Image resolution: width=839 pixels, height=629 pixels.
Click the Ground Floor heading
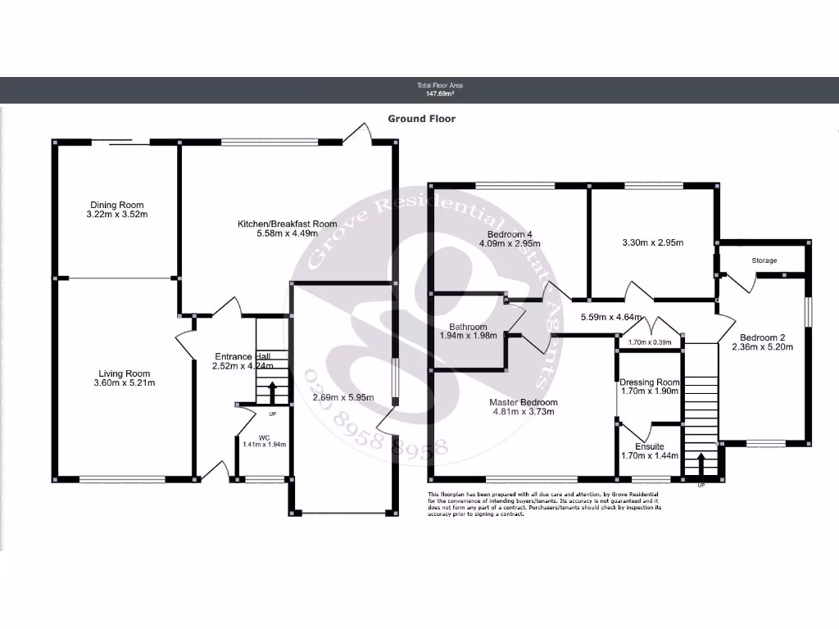pos(422,119)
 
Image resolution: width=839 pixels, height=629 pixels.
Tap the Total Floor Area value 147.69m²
pos(435,94)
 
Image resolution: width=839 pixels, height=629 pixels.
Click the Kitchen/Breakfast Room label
pos(287,224)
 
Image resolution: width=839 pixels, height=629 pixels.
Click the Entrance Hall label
pos(241,356)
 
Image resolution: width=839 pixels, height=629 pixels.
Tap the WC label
pos(264,438)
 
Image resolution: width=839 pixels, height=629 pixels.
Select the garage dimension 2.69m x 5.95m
pos(343,398)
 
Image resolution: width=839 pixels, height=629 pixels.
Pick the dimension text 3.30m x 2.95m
pos(653,242)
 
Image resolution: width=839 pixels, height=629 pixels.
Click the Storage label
pos(764,260)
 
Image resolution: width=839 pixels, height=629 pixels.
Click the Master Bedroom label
pos(524,402)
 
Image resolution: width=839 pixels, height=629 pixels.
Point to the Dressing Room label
pos(650,382)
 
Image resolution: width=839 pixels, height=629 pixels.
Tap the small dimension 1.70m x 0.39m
pos(650,342)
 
